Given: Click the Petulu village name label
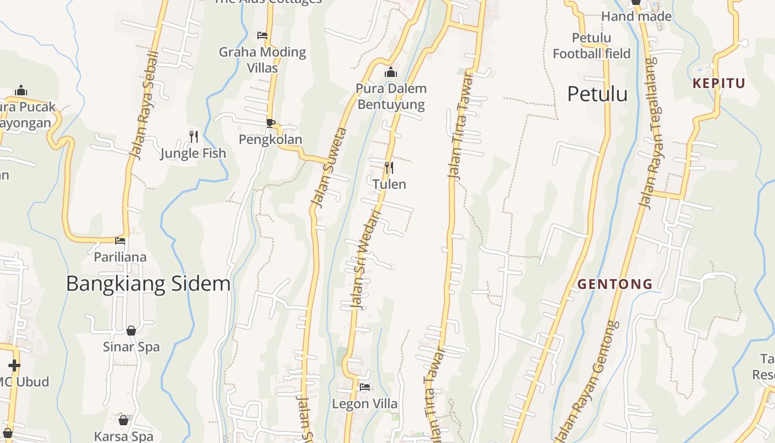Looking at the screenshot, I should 597,94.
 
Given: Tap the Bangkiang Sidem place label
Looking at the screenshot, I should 148,284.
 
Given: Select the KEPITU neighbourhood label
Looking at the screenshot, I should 719,84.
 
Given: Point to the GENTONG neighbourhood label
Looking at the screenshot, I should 614,285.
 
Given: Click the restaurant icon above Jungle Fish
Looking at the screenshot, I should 193,136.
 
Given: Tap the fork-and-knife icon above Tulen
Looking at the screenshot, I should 389,167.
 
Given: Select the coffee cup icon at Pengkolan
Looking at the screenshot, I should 270,123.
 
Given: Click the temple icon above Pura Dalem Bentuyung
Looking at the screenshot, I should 391,72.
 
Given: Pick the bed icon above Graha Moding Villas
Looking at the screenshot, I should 262,35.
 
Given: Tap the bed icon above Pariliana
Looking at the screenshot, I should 120,241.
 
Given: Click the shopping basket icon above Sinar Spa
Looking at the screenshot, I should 131,331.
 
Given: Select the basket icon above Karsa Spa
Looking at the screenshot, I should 123,420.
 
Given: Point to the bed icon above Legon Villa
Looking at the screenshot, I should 364,387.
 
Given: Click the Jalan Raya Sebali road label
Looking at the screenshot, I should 144,105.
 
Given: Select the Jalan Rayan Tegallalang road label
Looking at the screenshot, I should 652,138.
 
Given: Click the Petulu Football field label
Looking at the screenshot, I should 591,46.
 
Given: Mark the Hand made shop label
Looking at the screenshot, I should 636,17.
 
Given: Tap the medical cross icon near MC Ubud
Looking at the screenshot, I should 14,365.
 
